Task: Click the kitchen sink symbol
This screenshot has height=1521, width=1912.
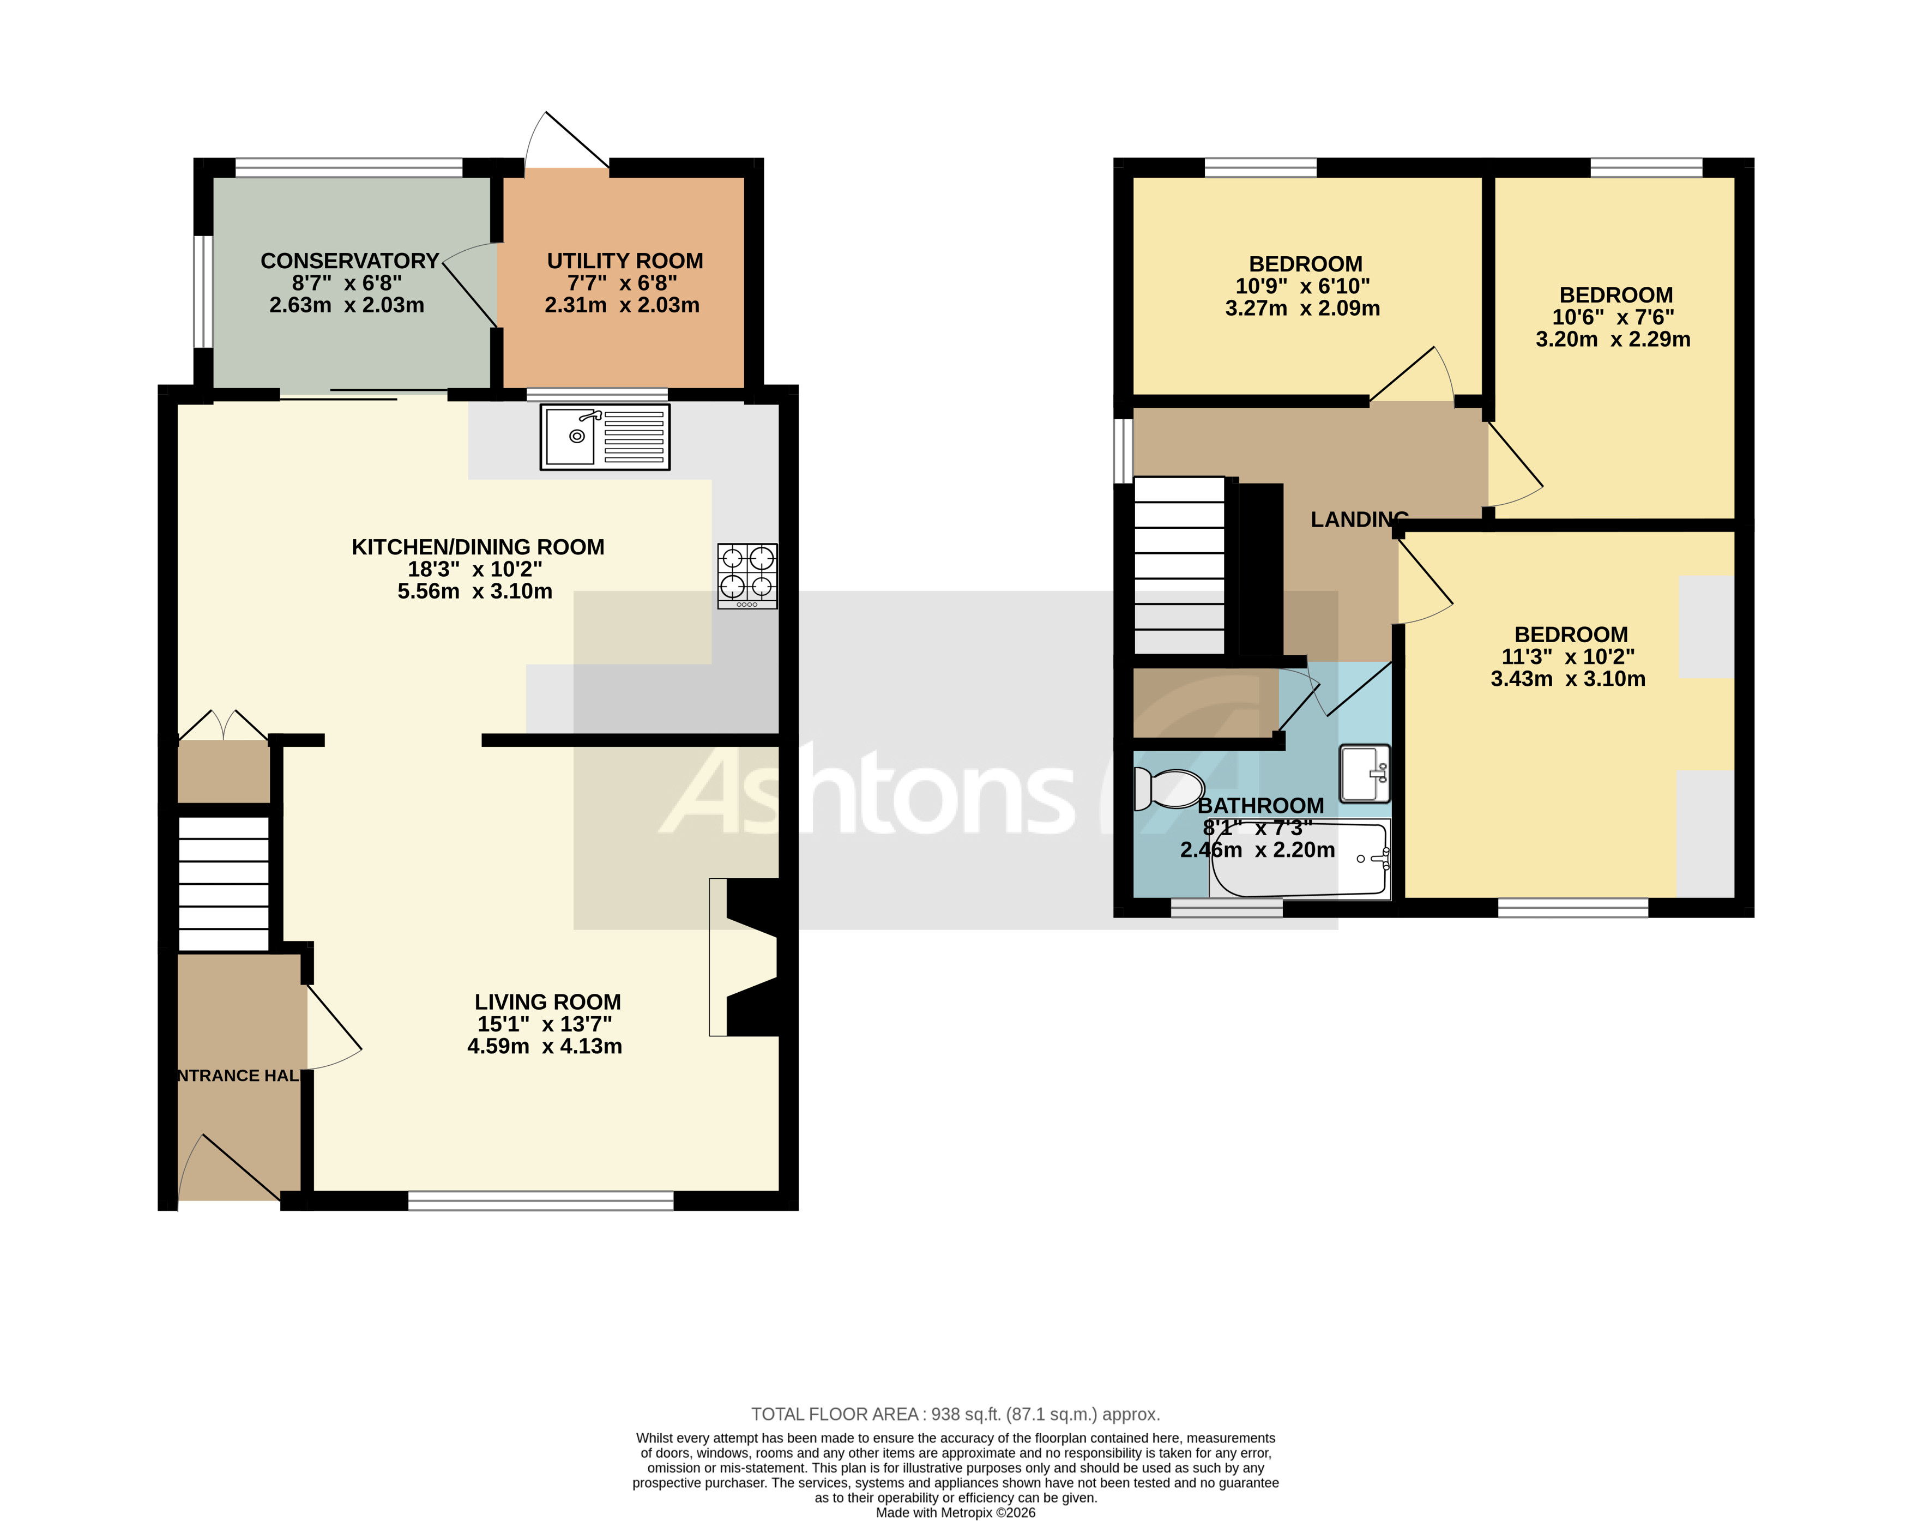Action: [x=604, y=436]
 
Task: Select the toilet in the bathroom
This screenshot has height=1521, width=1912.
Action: [x=1169, y=788]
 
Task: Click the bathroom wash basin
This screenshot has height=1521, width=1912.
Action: [x=1364, y=774]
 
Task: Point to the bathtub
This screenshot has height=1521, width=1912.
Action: [x=1299, y=859]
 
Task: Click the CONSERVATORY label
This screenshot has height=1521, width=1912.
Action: [x=349, y=261]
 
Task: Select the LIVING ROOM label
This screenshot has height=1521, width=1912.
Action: [x=547, y=1001]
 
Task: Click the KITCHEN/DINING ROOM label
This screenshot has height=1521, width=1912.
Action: [x=478, y=547]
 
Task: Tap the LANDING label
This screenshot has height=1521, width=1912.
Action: [x=1359, y=520]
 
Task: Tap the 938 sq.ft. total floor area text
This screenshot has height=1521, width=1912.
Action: [x=955, y=1414]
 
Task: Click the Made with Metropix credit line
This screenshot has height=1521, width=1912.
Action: [x=955, y=1512]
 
